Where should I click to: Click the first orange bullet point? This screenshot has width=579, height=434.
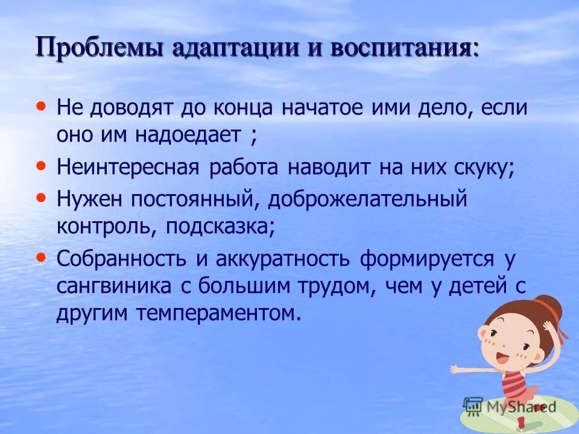click(x=41, y=105)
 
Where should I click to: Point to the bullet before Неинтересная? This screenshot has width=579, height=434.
click(x=41, y=165)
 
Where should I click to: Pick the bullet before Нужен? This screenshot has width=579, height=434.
click(x=41, y=196)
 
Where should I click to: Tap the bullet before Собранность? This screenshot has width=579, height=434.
click(x=41, y=256)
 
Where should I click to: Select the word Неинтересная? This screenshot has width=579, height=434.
click(x=128, y=168)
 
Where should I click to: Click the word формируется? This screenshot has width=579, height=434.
click(x=427, y=259)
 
